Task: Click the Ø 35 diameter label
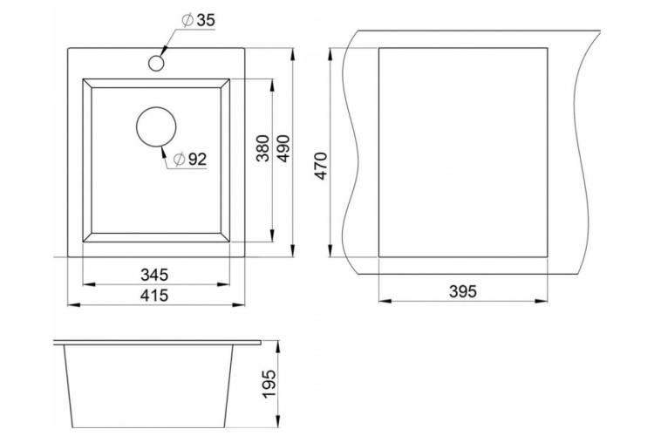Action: [x=199, y=20]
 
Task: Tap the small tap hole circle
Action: [x=156, y=64]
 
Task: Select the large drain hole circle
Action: [x=156, y=126]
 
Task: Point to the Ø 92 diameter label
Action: [x=190, y=159]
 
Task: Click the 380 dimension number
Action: [x=263, y=148]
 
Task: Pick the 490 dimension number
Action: [x=283, y=148]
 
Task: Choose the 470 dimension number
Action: [x=321, y=166]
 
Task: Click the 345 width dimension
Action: [x=154, y=275]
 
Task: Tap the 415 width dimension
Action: [x=154, y=296]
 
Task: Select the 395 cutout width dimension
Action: [x=463, y=291]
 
